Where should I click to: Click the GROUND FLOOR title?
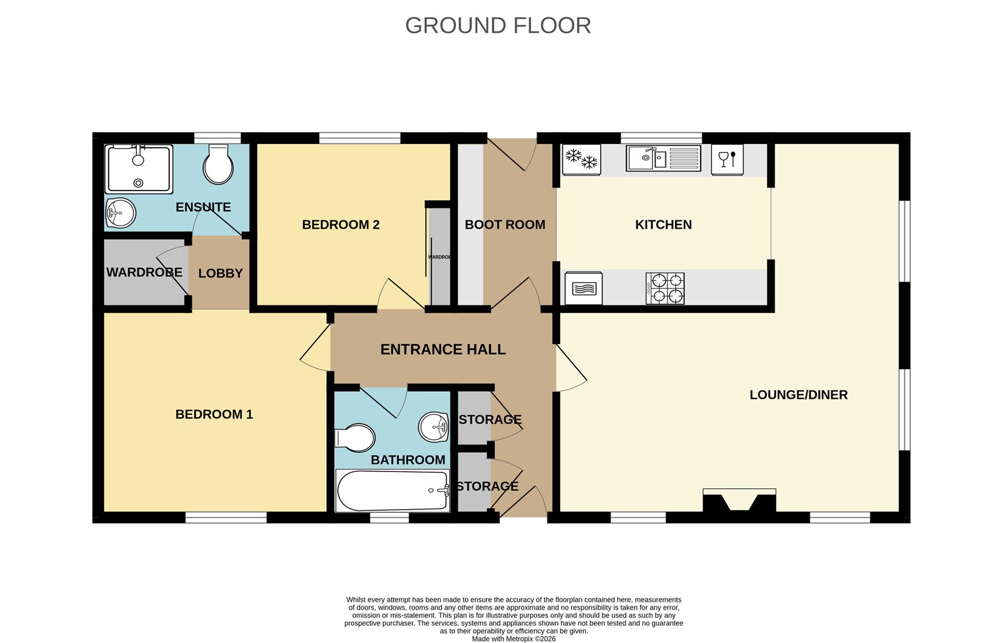coord(498,26)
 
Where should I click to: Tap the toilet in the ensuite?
coord(218,164)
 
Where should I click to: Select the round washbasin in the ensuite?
coord(121,213)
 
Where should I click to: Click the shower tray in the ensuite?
coord(139,168)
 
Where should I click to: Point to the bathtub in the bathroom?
coord(393,491)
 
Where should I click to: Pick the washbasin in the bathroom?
coord(433,427)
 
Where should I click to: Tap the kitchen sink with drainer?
coord(663,158)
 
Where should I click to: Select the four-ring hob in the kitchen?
coord(664,289)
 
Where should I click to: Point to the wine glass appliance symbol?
coord(728,160)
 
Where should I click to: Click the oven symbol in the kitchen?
coord(583,289)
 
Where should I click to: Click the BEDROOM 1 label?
coord(214,414)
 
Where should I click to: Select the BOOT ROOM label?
coord(505,224)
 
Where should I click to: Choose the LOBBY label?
coord(220,273)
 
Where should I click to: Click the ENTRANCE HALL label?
coord(443,349)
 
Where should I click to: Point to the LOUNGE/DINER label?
coord(799,395)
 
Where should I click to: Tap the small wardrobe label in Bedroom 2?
coord(439,257)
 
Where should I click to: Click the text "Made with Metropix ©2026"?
coord(514,639)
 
